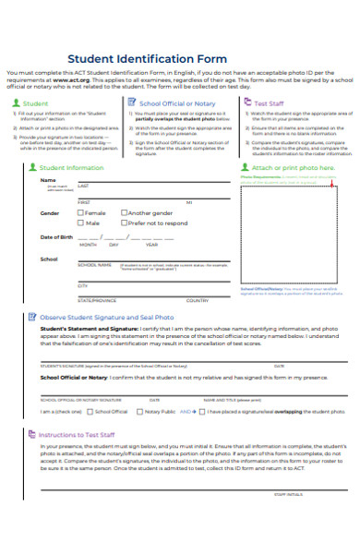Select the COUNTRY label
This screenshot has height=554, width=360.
197,301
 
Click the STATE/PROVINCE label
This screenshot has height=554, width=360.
97,301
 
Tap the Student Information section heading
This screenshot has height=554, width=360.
71,168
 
